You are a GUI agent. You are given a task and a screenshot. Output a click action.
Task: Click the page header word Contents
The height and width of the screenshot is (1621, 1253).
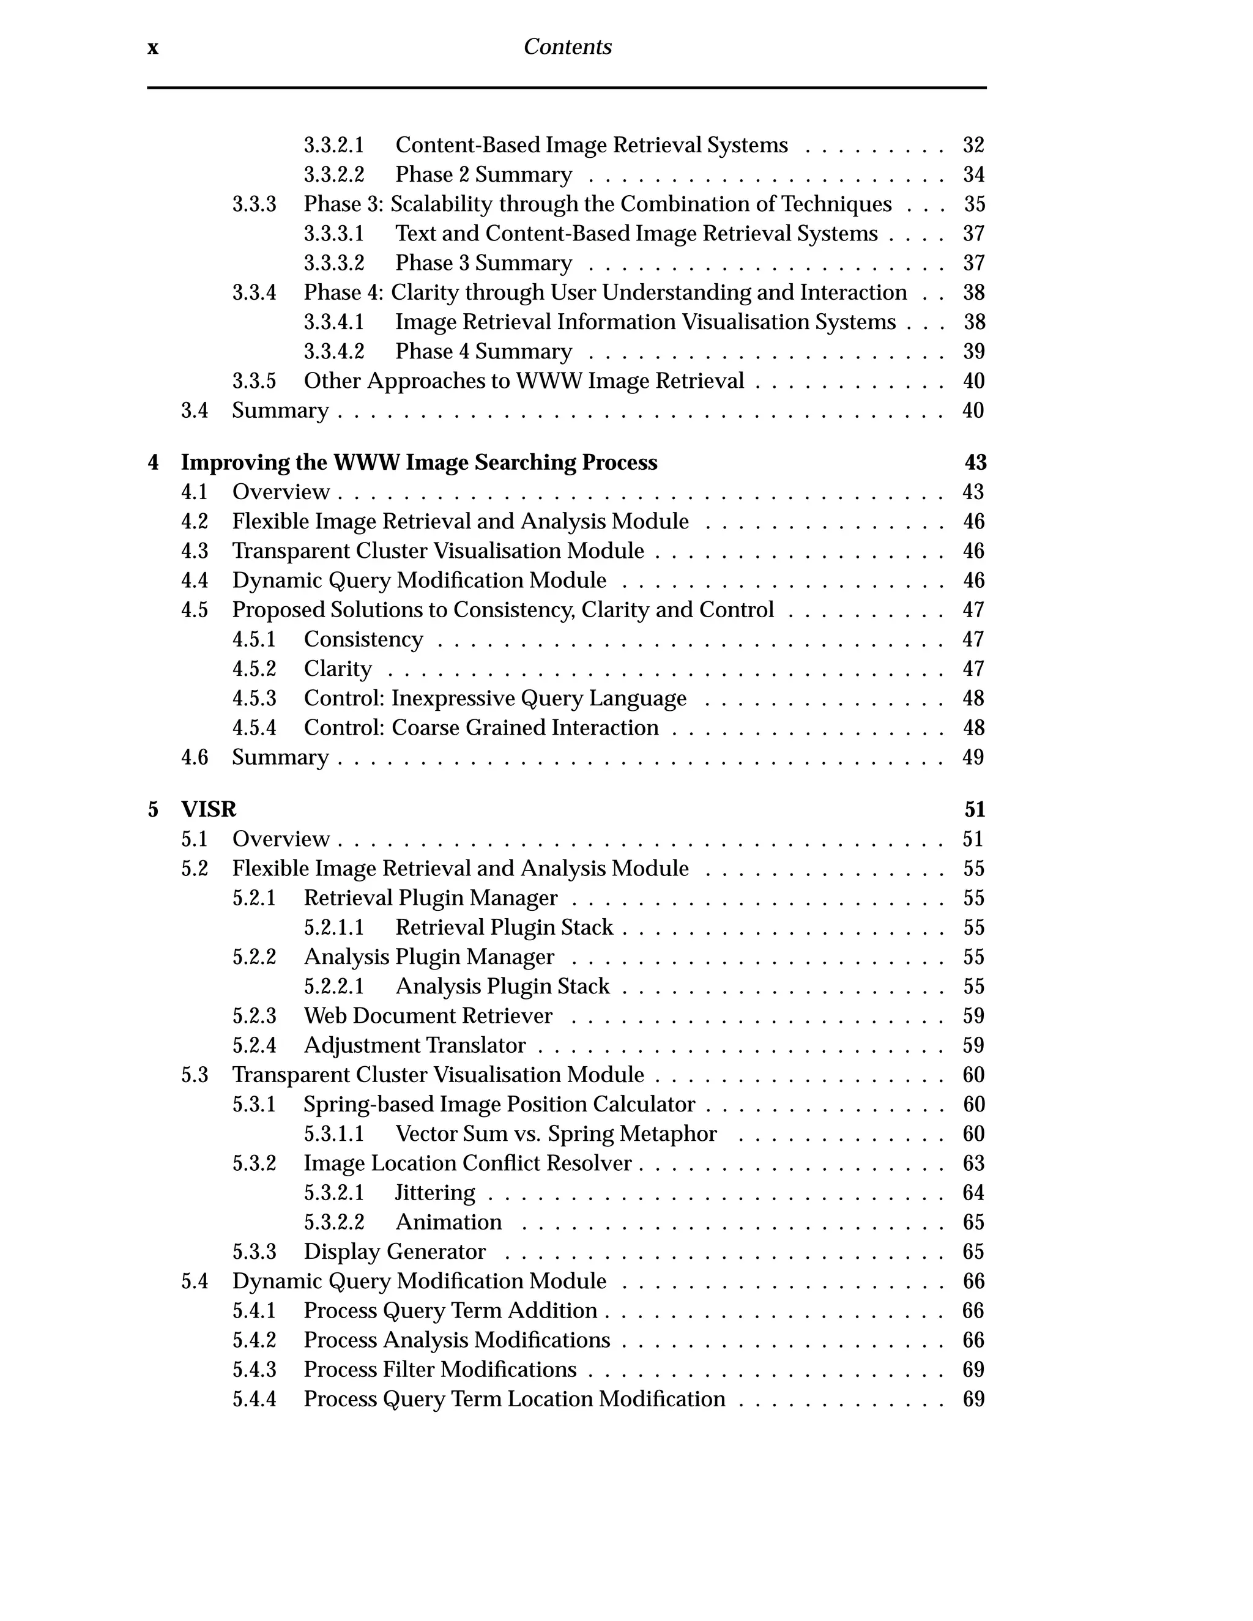[x=567, y=48]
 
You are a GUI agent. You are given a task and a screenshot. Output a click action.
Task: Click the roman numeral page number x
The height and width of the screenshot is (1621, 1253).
[x=153, y=48]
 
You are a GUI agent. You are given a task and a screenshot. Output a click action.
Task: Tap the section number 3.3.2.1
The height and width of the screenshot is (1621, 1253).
[x=333, y=146]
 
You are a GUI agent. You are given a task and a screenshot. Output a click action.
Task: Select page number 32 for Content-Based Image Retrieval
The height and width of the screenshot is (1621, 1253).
[x=973, y=146]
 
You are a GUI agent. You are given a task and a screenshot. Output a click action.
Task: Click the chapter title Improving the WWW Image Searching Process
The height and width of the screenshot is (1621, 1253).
[x=418, y=463]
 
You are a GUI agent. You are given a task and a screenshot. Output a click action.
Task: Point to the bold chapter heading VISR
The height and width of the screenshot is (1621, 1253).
[x=209, y=810]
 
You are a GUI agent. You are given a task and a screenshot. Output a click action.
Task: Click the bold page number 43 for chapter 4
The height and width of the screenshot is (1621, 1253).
[x=975, y=463]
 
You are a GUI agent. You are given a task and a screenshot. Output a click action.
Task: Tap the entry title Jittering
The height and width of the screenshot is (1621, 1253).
[x=434, y=1193]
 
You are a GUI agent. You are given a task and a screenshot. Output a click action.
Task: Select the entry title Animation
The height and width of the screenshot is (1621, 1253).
[x=448, y=1222]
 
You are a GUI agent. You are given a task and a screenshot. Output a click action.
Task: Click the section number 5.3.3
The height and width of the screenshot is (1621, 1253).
[x=254, y=1252]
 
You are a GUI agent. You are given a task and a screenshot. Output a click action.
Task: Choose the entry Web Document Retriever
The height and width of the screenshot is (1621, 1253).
[x=428, y=1016]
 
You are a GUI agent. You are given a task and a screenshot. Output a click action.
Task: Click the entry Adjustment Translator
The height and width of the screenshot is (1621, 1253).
[x=414, y=1046]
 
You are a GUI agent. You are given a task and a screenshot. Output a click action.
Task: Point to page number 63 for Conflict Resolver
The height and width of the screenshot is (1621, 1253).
[x=973, y=1164]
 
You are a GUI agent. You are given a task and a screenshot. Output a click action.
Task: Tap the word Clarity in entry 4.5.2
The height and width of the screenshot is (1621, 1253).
[x=337, y=669]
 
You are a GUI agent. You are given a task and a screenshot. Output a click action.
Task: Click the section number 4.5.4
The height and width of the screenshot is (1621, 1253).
[x=254, y=728]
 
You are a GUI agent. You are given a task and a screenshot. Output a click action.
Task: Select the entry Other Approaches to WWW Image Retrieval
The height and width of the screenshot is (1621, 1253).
[x=523, y=382]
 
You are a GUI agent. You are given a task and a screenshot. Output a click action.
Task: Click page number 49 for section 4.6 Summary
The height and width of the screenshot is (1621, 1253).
[x=973, y=758]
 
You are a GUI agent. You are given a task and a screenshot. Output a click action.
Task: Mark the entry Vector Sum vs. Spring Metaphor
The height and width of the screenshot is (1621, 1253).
[x=556, y=1134]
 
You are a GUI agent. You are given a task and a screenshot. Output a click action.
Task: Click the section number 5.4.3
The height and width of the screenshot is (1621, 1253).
[x=254, y=1370]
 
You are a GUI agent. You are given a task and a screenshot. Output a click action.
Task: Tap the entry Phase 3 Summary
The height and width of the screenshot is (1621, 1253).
[x=483, y=264]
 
